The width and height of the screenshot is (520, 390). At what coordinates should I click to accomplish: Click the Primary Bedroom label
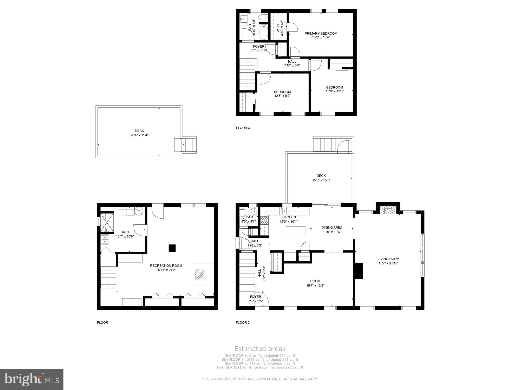321,33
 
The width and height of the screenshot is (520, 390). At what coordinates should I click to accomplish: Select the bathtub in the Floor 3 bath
264,32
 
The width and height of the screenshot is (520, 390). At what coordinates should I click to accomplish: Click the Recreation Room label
166,265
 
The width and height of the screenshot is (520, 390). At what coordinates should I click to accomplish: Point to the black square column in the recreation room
172,248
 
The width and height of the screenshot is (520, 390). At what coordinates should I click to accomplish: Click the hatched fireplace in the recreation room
200,275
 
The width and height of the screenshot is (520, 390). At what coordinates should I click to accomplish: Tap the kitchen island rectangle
295,231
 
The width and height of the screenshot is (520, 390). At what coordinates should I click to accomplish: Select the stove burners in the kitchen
264,220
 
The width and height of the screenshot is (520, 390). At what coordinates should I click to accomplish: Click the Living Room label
388,259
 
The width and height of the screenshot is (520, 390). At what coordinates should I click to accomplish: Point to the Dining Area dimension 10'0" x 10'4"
332,232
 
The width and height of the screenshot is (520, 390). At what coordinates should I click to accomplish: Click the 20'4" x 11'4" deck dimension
139,135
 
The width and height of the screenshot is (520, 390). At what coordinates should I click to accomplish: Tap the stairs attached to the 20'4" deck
185,145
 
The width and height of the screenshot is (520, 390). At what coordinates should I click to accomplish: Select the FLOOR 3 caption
243,128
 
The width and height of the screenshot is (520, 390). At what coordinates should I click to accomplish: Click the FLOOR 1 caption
104,322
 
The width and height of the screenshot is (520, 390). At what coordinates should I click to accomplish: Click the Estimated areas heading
260,349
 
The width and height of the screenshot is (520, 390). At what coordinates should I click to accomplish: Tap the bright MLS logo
32,380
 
